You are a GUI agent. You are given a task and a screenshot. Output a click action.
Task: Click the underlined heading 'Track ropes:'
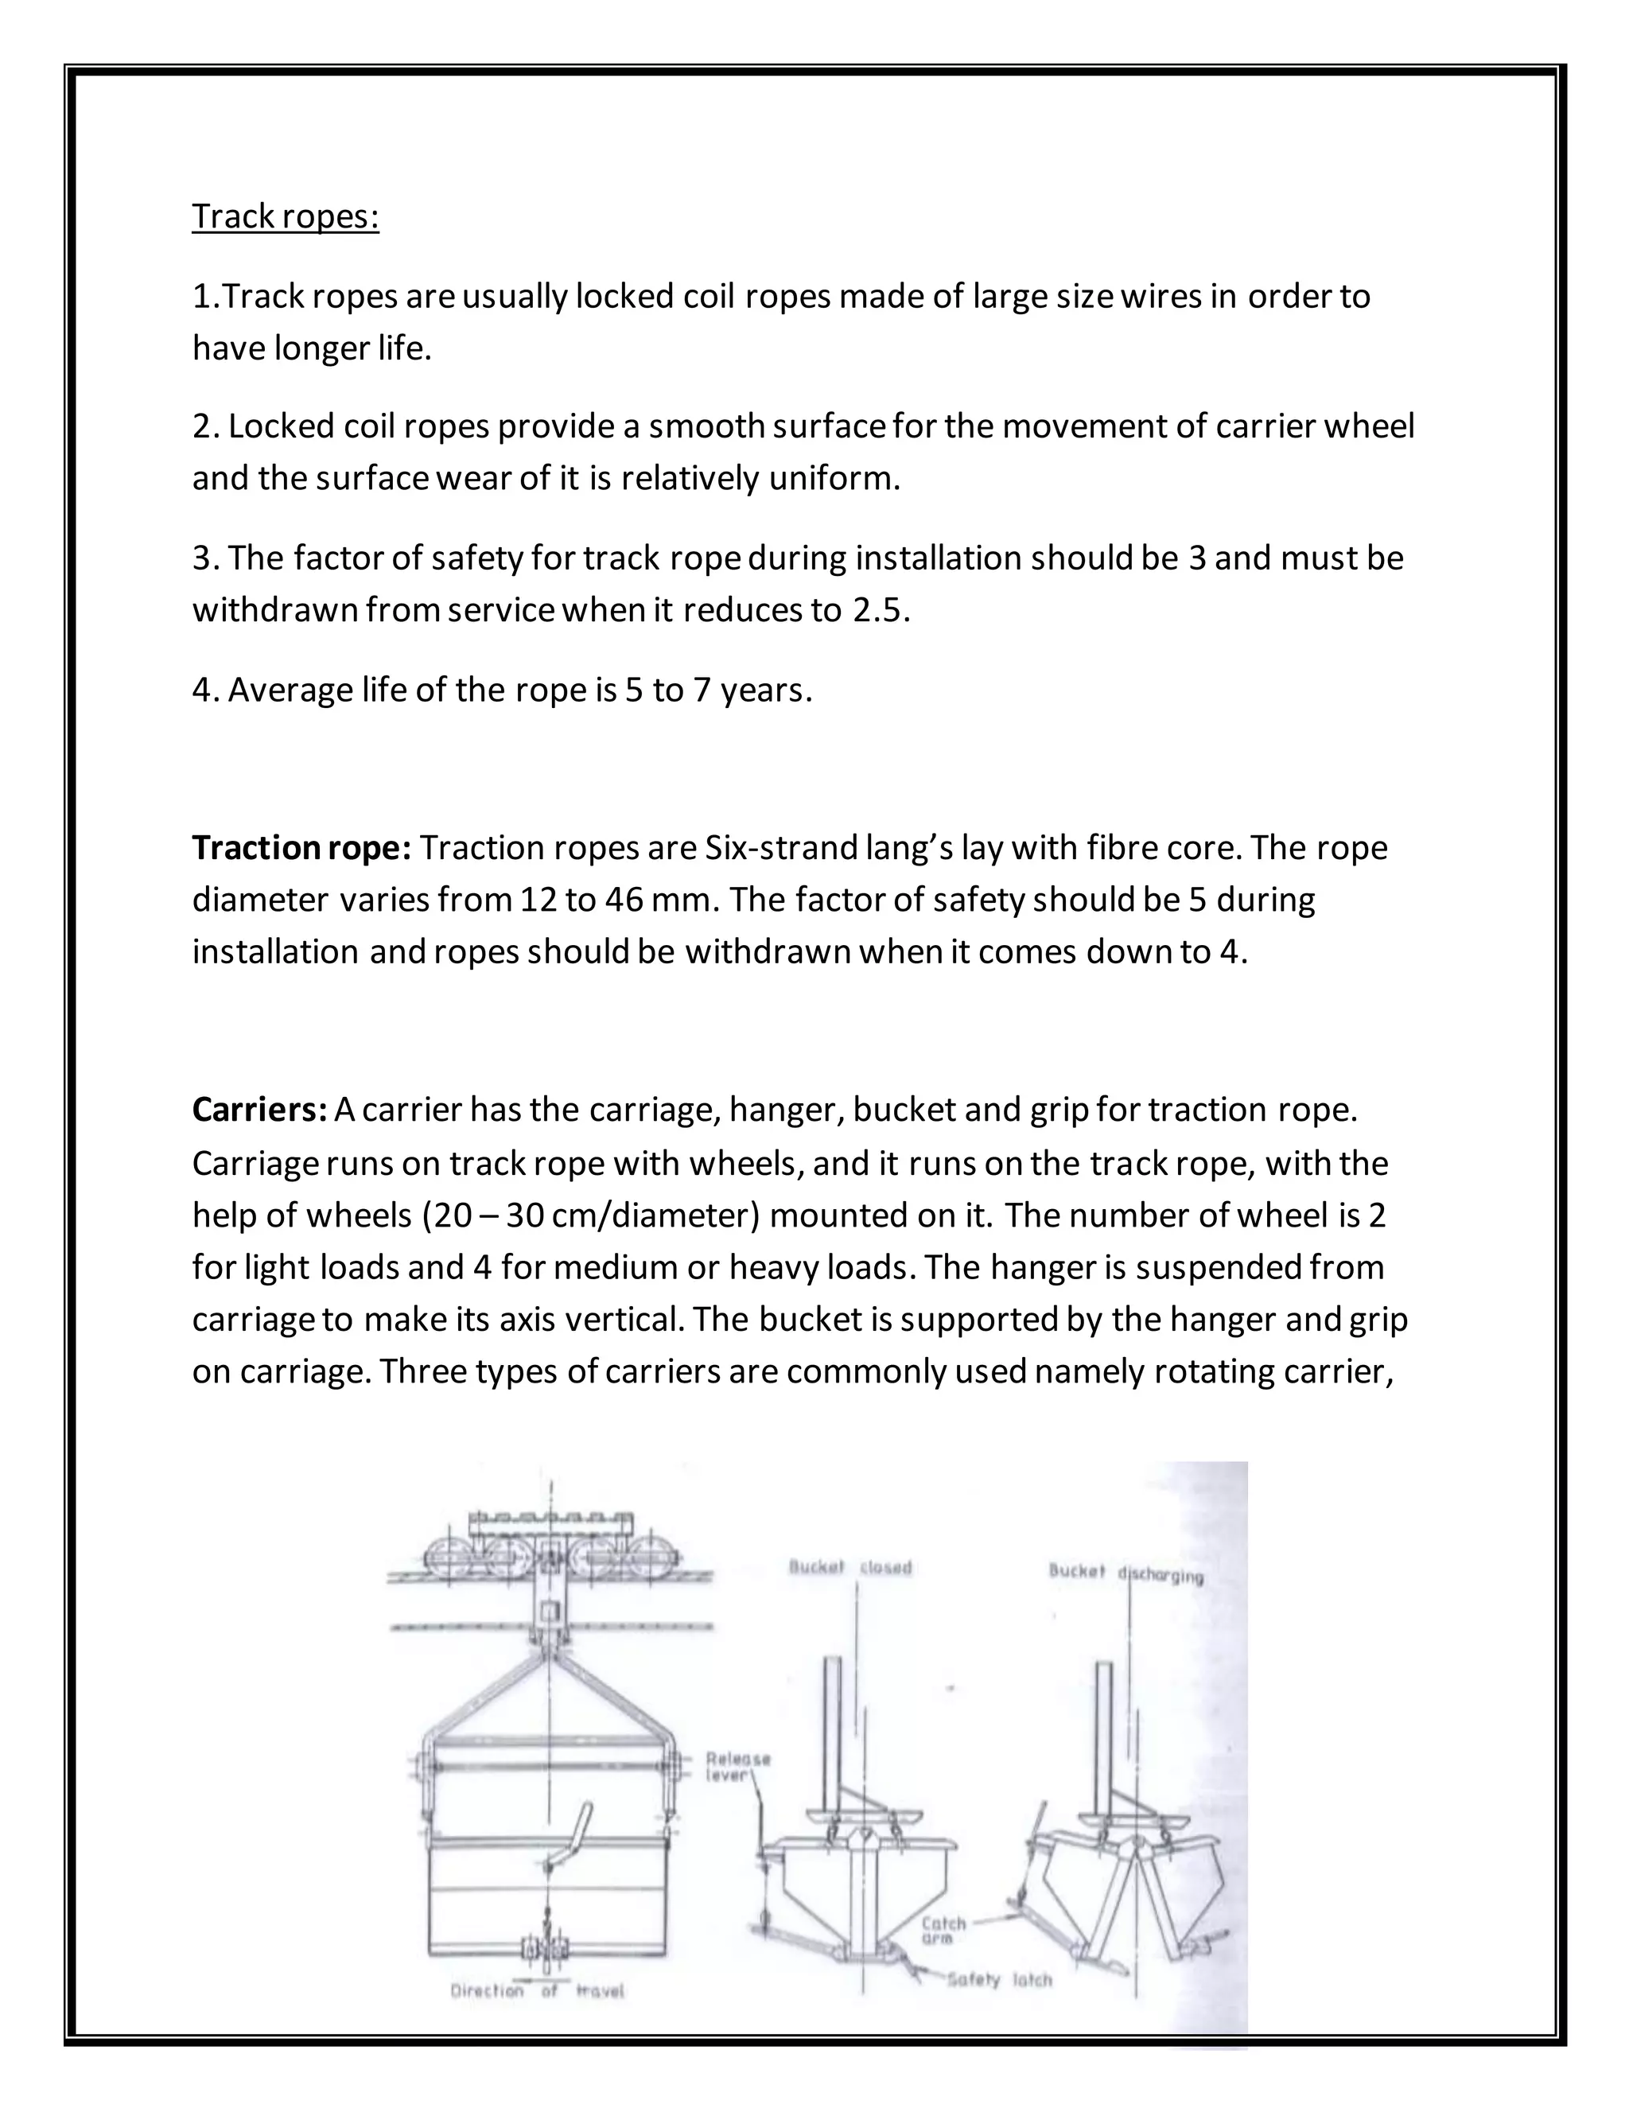(x=286, y=216)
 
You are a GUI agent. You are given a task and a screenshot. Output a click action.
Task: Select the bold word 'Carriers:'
(x=261, y=1110)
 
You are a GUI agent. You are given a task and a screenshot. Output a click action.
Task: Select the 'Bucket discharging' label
(x=1126, y=1573)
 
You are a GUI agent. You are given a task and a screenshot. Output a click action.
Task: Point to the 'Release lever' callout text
(x=737, y=1766)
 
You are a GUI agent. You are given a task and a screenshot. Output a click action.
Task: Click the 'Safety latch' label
(x=999, y=1980)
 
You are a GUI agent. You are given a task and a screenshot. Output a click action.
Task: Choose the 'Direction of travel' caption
(x=537, y=1990)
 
